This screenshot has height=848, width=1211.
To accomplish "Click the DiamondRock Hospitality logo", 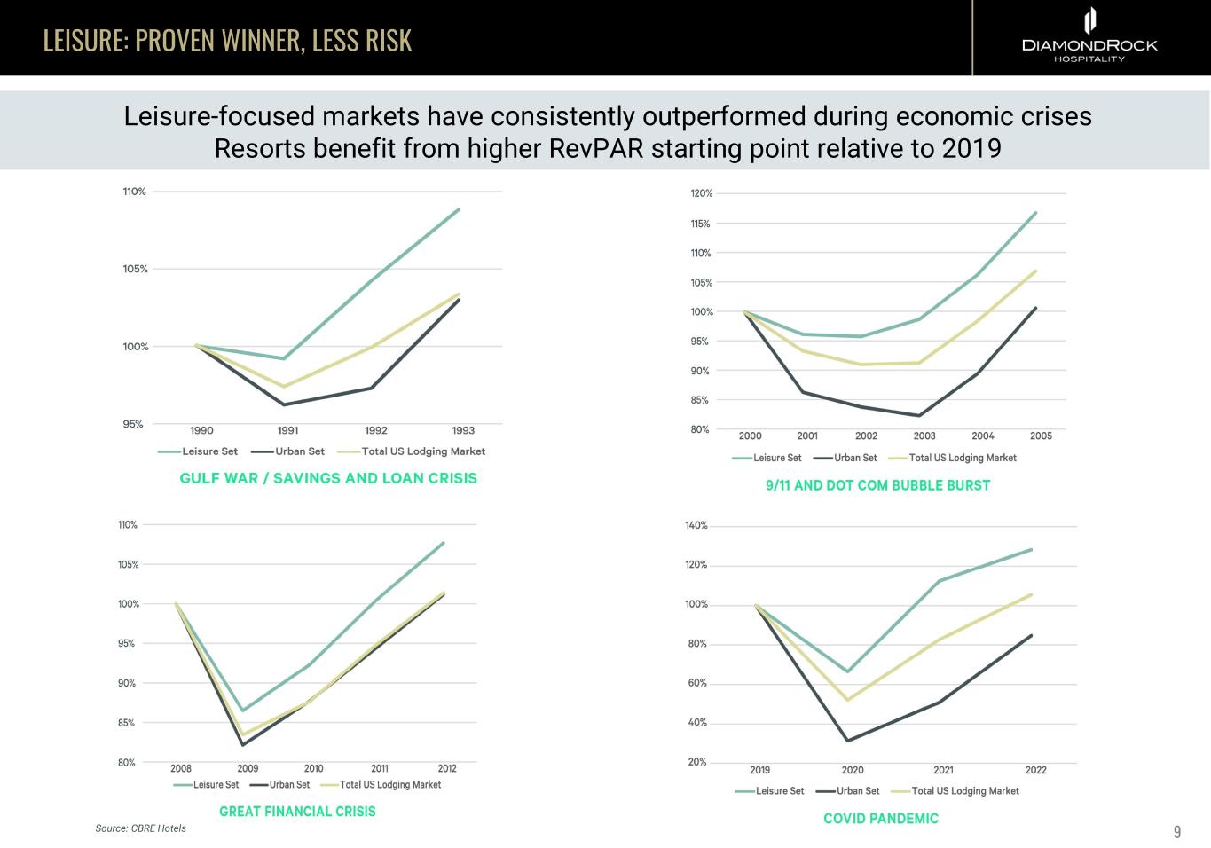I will (1089, 36).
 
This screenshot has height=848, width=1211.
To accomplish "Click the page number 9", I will (1177, 832).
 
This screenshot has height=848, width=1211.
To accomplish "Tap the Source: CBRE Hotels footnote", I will (141, 828).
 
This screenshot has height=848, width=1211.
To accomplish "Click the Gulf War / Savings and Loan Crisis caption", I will (328, 478).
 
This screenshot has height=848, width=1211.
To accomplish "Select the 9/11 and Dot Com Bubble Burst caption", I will (877, 485).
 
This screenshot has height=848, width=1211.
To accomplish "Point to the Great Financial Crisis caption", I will (297, 811).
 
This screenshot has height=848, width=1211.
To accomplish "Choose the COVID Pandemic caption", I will (881, 818).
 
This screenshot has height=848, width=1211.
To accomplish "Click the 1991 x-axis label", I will (287, 430).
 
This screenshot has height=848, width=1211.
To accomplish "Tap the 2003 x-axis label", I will (924, 436).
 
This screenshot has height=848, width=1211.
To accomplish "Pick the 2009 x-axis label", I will (248, 768).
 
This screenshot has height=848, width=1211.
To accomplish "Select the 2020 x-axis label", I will (853, 770).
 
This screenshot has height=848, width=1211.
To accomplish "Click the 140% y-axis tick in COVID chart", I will (696, 525).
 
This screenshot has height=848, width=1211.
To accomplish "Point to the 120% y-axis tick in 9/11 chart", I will (701, 193).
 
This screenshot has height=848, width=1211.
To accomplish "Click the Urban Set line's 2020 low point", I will (848, 741).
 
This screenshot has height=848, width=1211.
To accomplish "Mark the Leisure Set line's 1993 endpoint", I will (459, 209).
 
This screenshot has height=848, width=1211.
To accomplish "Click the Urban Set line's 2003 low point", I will (919, 415).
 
